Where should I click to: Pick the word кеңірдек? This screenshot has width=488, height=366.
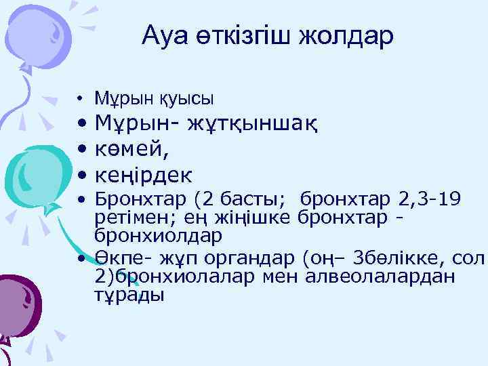point(144,176)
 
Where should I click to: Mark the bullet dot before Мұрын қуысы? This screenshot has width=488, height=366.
point(81,100)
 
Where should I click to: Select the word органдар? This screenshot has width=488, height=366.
point(250,258)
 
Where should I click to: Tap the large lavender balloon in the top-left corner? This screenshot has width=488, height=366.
point(37,30)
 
